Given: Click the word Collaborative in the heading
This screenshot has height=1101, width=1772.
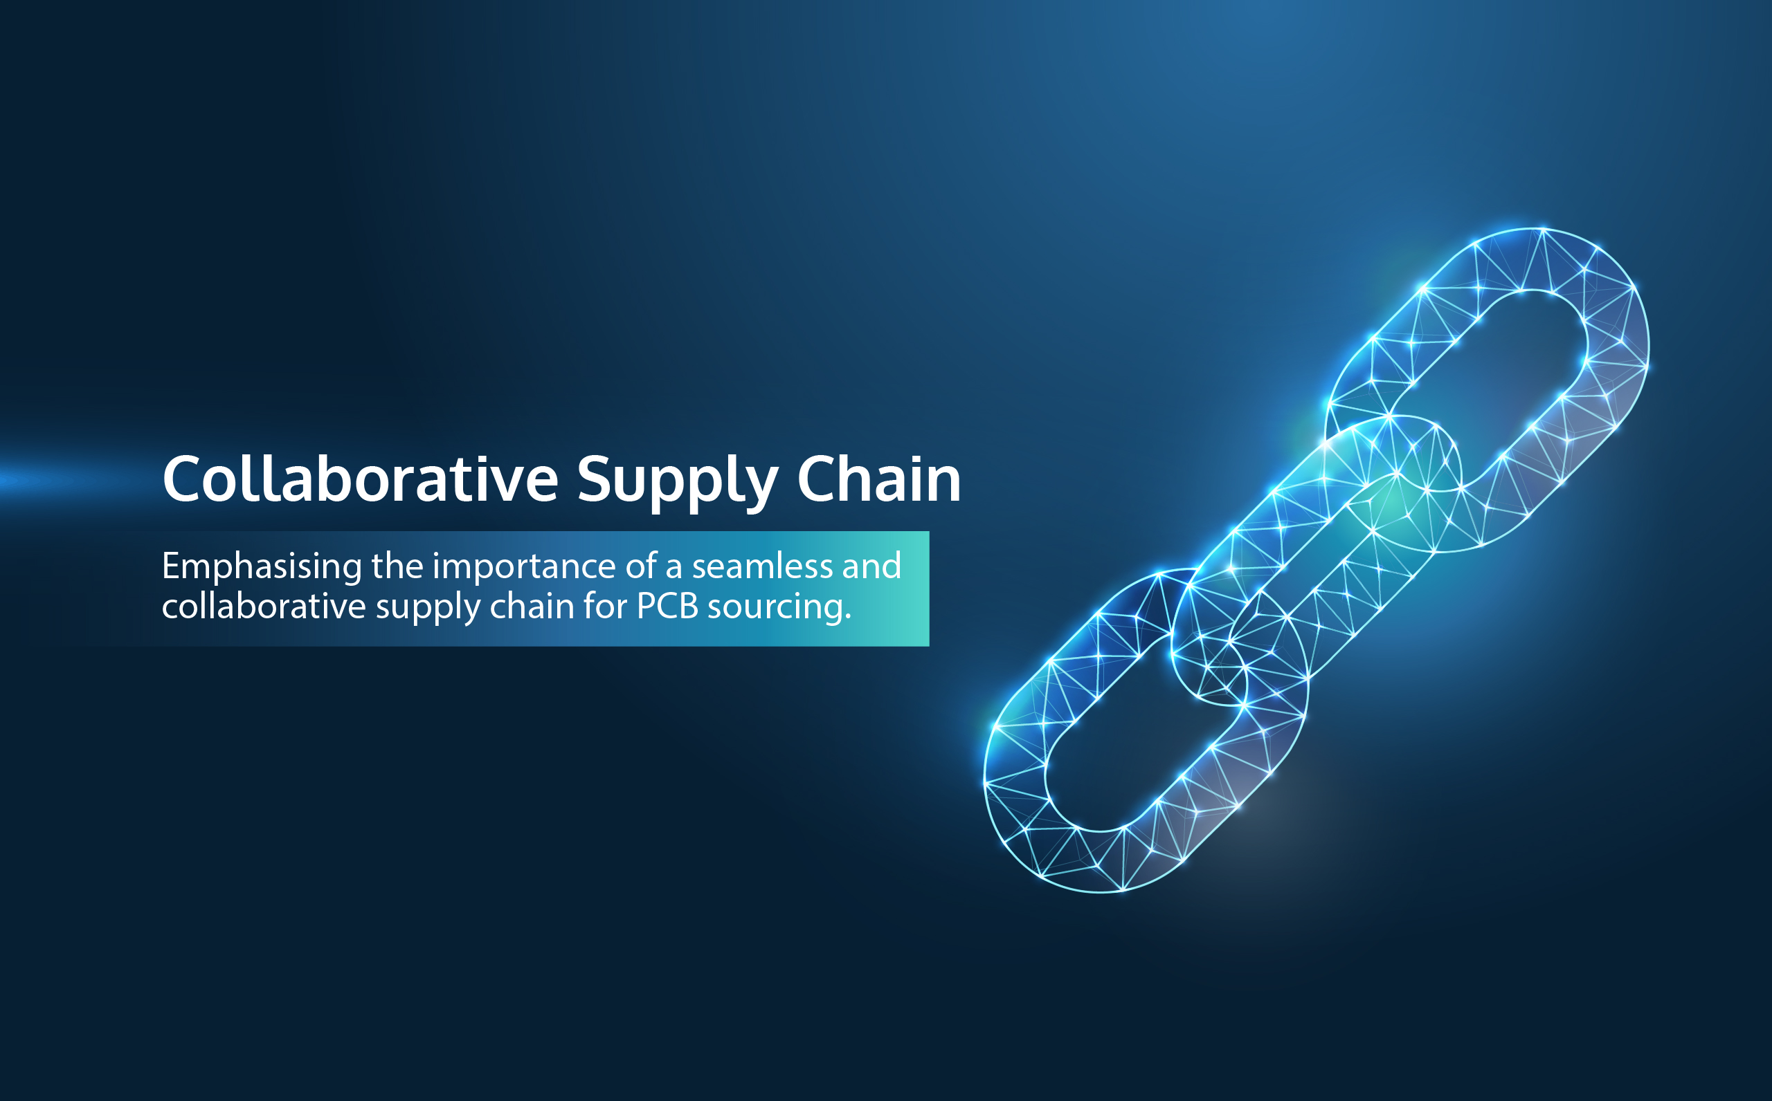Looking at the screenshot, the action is coord(360,479).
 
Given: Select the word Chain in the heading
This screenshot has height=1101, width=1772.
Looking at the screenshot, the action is coord(878,479).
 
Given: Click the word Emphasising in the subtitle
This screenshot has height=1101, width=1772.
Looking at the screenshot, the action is coord(262,567).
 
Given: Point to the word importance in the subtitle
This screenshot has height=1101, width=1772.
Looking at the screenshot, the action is coord(524,567).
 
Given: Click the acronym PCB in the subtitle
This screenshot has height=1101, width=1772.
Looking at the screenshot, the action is coord(667,606).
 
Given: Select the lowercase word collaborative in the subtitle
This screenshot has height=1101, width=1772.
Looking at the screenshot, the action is coord(264,606).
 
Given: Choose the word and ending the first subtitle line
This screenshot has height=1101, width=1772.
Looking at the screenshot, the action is coord(871,566).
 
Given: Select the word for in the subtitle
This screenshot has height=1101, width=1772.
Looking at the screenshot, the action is coord(604,606).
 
